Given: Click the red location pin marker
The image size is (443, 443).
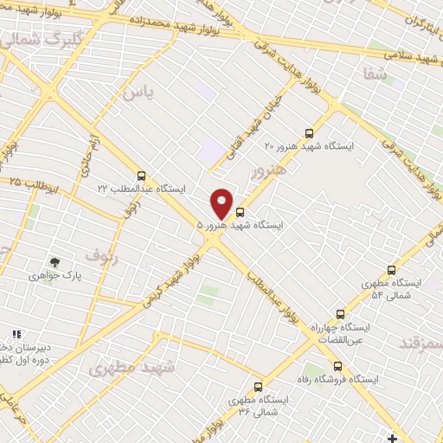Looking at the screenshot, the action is click(222, 202).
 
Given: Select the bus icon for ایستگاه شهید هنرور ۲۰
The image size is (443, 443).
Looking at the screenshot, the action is click(310, 133).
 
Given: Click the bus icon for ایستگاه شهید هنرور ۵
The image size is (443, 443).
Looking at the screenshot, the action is click(240, 211).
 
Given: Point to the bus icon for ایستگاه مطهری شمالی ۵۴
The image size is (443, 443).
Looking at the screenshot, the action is click(391, 270).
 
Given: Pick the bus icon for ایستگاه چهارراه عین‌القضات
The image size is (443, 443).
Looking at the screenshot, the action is click(340, 315).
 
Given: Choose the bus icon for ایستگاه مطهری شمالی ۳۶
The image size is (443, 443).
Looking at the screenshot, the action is click(257, 387).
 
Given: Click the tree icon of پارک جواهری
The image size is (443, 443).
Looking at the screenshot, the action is click(55, 261).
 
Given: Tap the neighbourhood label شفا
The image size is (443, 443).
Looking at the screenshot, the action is click(376, 74).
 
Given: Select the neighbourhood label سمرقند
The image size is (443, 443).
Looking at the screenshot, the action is click(421, 343).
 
